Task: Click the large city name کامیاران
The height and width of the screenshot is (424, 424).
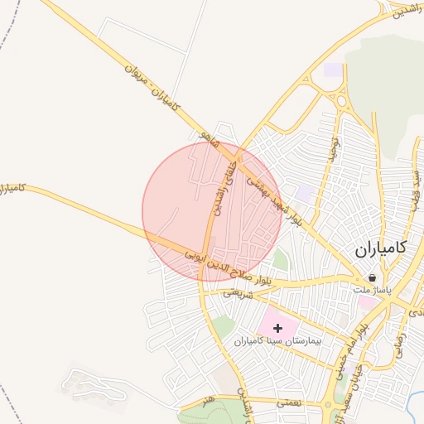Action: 381,248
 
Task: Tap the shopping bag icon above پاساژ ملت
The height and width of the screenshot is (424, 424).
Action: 372,278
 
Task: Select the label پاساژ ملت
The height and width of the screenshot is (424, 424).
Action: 369,291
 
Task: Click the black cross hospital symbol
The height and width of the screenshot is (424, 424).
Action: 277,329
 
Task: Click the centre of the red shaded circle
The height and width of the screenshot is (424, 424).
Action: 211,211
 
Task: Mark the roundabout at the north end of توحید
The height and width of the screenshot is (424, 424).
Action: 341,102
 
